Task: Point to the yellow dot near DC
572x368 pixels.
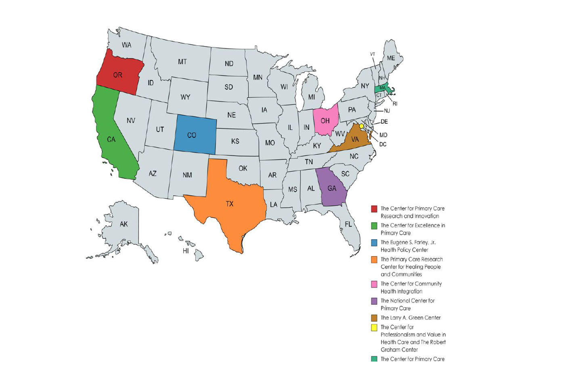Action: coord(362,126)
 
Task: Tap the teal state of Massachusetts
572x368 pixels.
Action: coord(382,88)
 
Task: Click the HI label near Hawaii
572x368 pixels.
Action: coord(186,251)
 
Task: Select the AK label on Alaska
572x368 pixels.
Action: coord(124,224)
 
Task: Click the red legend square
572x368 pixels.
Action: coord(374,209)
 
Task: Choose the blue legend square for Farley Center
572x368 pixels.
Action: coord(374,243)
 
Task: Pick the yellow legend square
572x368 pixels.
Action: coord(374,328)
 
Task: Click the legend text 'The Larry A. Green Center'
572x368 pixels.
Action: coord(411,318)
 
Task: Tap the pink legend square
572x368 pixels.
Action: coord(374,284)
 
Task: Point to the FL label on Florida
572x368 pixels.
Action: coord(348,224)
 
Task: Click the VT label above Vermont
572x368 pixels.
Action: coord(373,54)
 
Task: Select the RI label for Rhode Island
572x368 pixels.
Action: coord(395,104)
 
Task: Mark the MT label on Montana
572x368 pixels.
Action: coord(182,62)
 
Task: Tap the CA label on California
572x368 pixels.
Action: coord(111,139)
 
